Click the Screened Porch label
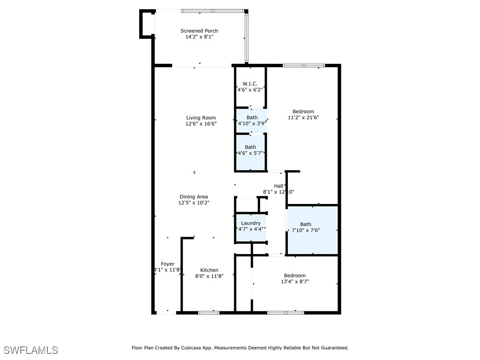199,31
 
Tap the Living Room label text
201,118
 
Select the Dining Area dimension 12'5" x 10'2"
194,203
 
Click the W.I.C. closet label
250,83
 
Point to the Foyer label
167,264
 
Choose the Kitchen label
209,270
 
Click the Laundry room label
251,223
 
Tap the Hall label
278,186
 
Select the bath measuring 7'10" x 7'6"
306,230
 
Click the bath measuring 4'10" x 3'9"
252,124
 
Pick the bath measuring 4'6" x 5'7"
250,153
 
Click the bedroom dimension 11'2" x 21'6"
303,118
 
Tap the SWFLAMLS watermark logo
30,350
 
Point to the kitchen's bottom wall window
209,312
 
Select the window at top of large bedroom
303,66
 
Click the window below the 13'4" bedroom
285,312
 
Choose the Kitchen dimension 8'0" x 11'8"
209,276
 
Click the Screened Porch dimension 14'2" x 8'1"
199,37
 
